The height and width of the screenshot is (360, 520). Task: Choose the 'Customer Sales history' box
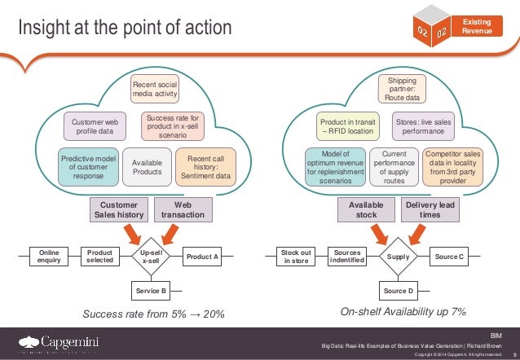pyautogui.click(x=118, y=210)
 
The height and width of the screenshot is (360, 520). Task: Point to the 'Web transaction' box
pyautogui.click(x=183, y=210)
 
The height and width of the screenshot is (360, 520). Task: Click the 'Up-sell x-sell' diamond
pyautogui.click(x=151, y=257)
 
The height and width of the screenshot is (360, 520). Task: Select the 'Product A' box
pyautogui.click(x=203, y=257)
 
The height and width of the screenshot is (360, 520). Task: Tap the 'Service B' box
pyautogui.click(x=151, y=290)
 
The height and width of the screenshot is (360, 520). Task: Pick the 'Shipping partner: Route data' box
pyautogui.click(x=401, y=89)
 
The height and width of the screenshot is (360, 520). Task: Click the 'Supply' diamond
pyautogui.click(x=399, y=257)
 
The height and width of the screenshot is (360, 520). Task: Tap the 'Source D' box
pyautogui.click(x=399, y=290)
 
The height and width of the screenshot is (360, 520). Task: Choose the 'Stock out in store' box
pyautogui.click(x=295, y=257)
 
